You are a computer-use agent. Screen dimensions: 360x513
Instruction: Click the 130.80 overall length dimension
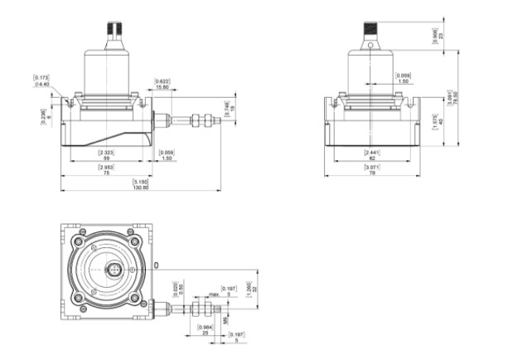click(x=141, y=187)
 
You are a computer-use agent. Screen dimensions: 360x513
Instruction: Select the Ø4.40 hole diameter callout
click(x=41, y=84)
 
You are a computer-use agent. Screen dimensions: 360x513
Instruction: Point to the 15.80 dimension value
click(x=162, y=86)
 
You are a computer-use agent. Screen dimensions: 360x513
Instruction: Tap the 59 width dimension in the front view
click(x=106, y=158)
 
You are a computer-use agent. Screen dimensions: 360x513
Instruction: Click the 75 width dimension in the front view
click(x=106, y=173)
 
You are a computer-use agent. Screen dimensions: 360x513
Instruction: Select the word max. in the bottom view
click(x=214, y=294)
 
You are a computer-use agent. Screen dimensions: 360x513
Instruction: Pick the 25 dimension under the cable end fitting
click(x=205, y=332)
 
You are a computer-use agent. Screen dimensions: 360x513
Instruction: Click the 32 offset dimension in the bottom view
click(x=255, y=289)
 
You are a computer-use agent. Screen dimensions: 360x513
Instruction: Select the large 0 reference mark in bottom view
click(x=157, y=265)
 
